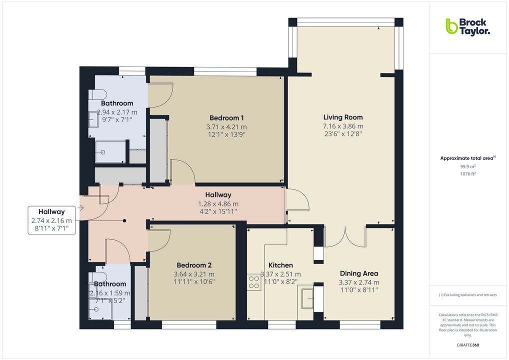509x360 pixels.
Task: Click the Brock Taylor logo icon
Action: click(452, 26)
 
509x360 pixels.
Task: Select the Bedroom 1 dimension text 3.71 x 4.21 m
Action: click(227, 126)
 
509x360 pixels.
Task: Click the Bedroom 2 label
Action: click(194, 265)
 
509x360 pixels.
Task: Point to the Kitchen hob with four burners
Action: click(253, 282)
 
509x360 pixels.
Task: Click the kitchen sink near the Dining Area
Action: click(307, 298)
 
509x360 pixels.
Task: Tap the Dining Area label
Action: click(358, 273)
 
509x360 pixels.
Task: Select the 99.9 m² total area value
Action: click(467, 166)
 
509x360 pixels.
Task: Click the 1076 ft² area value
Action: click(467, 173)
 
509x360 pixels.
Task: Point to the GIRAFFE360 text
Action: click(467, 345)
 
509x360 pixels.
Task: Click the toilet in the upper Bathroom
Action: click(97, 94)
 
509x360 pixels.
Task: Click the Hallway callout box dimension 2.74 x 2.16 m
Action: click(51, 220)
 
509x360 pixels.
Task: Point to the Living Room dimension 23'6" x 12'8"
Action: click(342, 133)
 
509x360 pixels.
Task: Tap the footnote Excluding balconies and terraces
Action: click(467, 295)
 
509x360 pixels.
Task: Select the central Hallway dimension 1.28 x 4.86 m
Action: click(218, 203)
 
